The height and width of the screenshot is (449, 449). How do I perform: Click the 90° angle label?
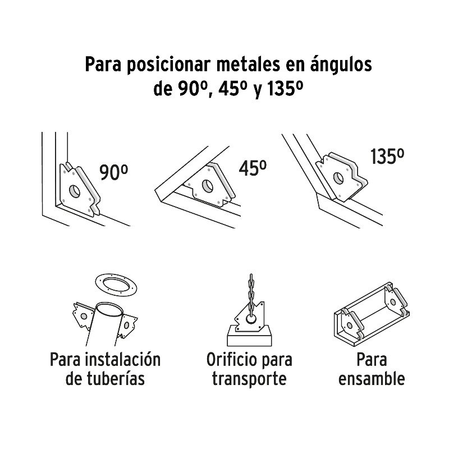[113, 172]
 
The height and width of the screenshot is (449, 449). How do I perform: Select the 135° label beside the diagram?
[387, 157]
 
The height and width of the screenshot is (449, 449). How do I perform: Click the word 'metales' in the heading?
[248, 65]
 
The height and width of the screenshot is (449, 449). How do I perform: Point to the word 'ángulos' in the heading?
[341, 65]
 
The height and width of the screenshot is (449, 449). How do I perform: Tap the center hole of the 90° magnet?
[75, 191]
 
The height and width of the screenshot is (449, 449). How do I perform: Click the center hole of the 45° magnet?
[208, 186]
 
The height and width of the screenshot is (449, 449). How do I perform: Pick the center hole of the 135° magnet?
[338, 178]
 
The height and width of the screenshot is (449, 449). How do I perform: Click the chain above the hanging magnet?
[251, 295]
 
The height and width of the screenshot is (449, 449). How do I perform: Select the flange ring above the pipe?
[116, 285]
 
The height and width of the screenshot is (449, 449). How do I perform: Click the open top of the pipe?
[109, 310]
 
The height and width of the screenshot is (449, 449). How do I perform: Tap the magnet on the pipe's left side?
[83, 316]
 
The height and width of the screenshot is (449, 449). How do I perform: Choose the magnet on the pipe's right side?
[127, 326]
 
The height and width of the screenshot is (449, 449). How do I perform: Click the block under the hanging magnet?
[249, 336]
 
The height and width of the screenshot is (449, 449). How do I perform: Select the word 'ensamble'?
[372, 379]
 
